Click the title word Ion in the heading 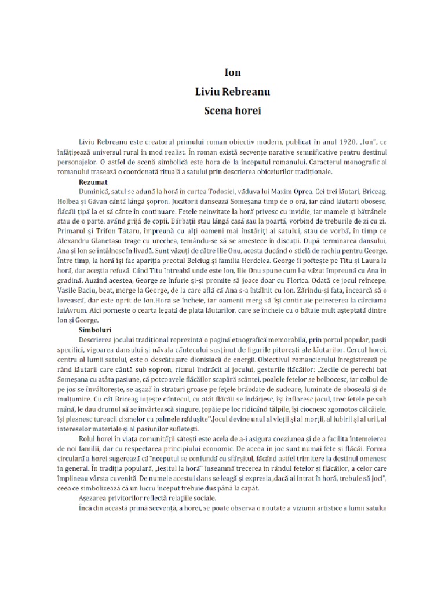[x=232, y=74]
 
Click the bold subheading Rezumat [x=95, y=181]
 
